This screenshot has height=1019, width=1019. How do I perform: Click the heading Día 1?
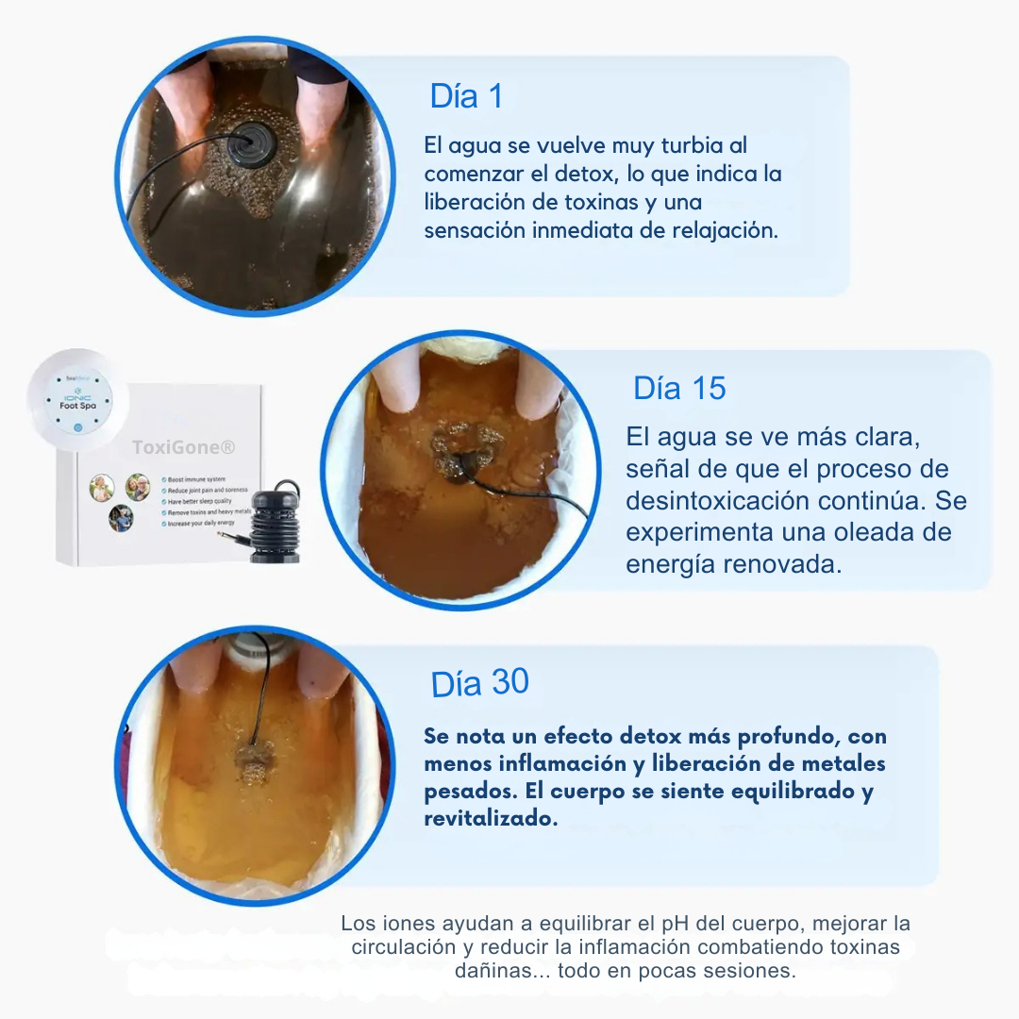tap(466, 96)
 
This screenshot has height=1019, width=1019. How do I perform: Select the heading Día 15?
tap(679, 388)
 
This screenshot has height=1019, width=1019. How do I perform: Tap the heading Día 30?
tap(479, 683)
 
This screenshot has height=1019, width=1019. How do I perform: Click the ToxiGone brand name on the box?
tap(170, 446)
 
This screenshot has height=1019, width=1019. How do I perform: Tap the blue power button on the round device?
tap(77, 427)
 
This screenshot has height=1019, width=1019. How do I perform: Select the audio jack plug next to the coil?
tap(231, 536)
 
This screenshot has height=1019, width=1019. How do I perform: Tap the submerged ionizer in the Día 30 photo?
tap(253, 760)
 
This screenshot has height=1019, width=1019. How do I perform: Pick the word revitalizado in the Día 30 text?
tap(490, 818)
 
